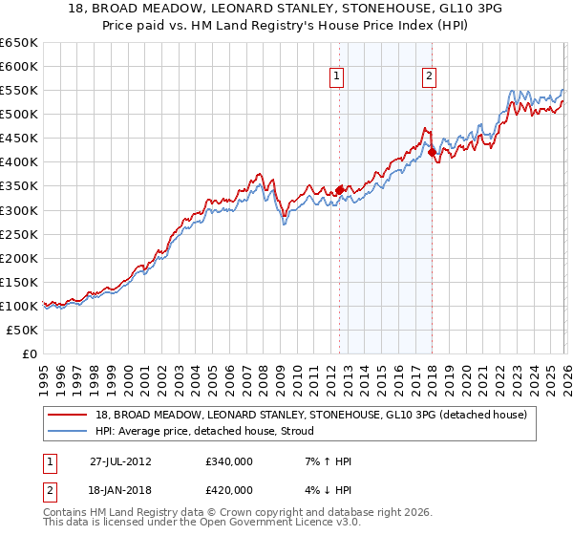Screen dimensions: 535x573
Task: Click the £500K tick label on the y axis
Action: [x=20, y=114]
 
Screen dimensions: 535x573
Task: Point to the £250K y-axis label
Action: [x=20, y=234]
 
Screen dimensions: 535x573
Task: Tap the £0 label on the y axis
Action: [x=30, y=353]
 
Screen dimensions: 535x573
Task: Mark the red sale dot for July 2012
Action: [x=339, y=190]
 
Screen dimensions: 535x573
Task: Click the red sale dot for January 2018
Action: [x=432, y=152]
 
